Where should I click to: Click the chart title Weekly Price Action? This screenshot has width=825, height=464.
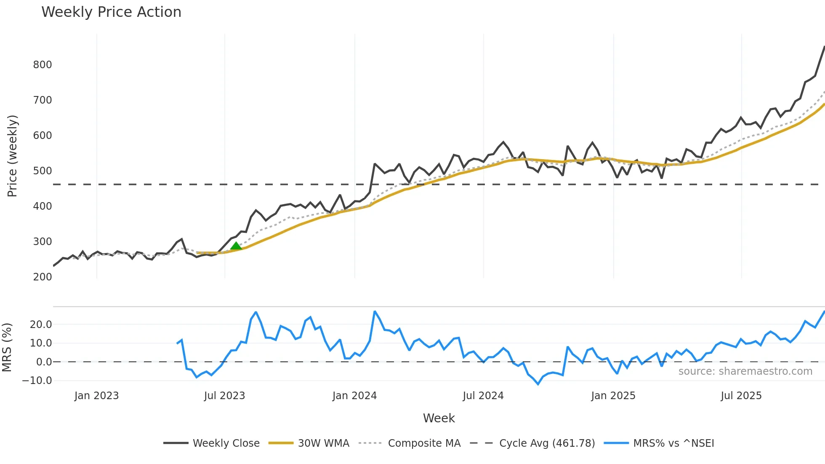pos(111,12)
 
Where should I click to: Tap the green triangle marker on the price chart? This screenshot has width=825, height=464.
pos(236,246)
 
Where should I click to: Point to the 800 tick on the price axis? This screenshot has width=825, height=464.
pos(43,65)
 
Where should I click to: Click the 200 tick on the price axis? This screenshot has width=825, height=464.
pos(43,277)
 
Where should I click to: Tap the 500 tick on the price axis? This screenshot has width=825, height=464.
pos(43,171)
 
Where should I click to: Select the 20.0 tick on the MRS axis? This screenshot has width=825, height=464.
pos(41,325)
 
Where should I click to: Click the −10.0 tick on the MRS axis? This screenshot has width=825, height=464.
pos(37,381)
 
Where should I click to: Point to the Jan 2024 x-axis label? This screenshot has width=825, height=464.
pos(354,396)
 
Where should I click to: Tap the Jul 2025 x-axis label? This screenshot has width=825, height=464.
pos(741,396)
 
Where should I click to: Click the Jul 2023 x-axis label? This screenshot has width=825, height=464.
pos(224,396)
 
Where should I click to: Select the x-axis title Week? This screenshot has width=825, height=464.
pos(439,418)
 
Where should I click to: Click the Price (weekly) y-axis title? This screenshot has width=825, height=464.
pos(13,156)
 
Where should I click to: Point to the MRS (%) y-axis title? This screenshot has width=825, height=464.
pos(7,347)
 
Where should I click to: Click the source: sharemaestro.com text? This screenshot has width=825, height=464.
pos(745,371)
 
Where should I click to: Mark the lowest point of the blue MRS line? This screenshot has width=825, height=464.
pos(538,384)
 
